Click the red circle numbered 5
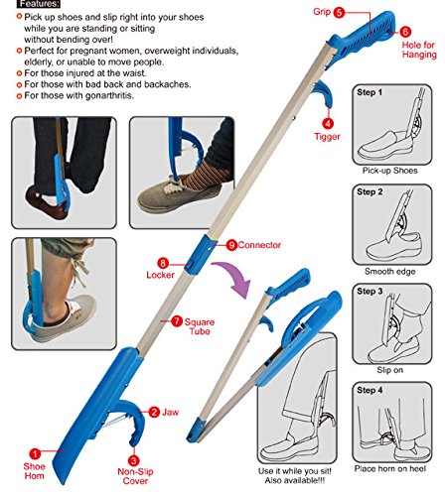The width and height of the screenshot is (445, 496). tap(339, 13)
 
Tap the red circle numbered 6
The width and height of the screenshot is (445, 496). tap(405, 32)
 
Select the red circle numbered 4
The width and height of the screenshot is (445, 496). tap(328, 124)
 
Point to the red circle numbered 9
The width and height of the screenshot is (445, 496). tap(231, 245)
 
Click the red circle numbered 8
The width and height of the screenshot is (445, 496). tap(163, 263)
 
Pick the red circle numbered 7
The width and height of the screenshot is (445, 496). tap(177, 320)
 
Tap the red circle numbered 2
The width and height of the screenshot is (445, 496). tap(154, 412)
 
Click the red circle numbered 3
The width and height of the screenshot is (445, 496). tap(134, 460)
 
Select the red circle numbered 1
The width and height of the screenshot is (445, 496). tap(35, 453)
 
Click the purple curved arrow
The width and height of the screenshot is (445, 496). tap(235, 276)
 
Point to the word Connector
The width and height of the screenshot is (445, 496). tap(259, 245)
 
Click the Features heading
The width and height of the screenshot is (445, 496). tap(39, 4)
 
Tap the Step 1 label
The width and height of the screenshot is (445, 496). tap(370, 92)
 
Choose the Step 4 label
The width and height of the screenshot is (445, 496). tap(370, 390)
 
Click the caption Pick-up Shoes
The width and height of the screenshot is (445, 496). tap(389, 171)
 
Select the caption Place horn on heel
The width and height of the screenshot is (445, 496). tap(390, 468)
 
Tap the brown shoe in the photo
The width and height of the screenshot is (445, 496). tap(46, 204)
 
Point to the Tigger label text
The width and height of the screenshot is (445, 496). tap(327, 137)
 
